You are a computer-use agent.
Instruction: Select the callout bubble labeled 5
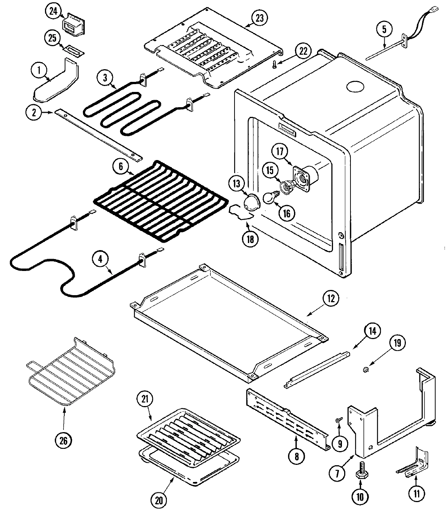pos(384,29)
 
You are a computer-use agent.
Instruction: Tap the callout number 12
pos(331,298)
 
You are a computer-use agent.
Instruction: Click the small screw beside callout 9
pos(339,420)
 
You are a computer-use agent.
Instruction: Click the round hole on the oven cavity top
pos(356,87)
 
